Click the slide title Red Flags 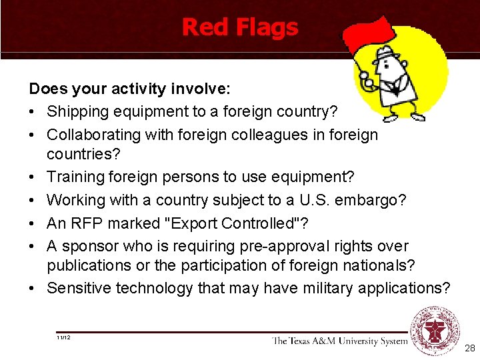pyautogui.click(x=240, y=27)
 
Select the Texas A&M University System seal pyautogui.click(x=435, y=329)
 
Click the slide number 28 pyautogui.click(x=469, y=349)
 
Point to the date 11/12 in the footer pyautogui.click(x=64, y=338)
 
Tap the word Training pyautogui.click(x=75, y=177)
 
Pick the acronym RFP pyautogui.click(x=84, y=223)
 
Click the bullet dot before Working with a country pyautogui.click(x=33, y=201)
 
